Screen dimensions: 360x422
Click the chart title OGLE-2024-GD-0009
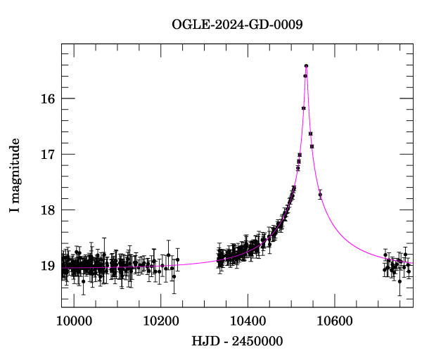(x=237, y=25)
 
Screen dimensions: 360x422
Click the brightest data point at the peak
(x=307, y=65)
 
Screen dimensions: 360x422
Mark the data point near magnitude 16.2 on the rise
(x=303, y=108)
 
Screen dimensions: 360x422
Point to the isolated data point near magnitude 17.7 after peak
(x=320, y=194)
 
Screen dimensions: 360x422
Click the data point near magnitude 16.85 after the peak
(x=312, y=146)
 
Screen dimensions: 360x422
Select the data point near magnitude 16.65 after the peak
(x=310, y=134)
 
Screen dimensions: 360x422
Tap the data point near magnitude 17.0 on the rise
(x=300, y=155)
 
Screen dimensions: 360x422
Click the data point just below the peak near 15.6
(x=305, y=76)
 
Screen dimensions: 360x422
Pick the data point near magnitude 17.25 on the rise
(x=298, y=168)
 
